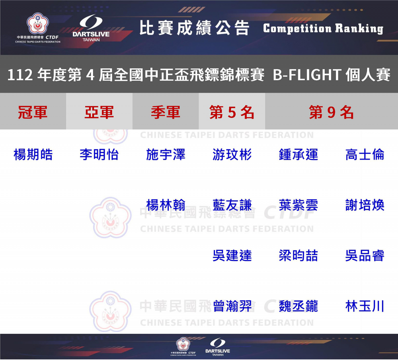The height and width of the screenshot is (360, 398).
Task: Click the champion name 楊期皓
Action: click(33, 154)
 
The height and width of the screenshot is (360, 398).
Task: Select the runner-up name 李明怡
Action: click(99, 154)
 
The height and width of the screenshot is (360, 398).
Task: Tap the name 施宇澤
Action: click(166, 154)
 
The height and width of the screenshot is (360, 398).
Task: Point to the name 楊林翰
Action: click(166, 205)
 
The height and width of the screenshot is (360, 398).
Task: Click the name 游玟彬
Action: click(232, 154)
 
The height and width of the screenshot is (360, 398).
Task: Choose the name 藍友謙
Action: click(232, 205)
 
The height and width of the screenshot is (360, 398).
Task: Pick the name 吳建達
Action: click(232, 255)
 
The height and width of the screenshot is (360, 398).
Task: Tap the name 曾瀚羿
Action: click(232, 306)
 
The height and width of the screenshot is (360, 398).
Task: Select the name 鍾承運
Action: click(298, 154)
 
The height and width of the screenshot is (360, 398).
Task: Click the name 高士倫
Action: click(365, 154)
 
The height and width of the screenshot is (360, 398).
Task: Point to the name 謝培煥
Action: click(365, 205)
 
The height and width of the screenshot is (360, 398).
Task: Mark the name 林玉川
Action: click(365, 306)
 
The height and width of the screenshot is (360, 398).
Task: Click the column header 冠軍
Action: click(33, 112)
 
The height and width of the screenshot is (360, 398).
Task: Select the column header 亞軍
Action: click(99, 112)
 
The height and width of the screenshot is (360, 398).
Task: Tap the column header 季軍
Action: click(166, 112)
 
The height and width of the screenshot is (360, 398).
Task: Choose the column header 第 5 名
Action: click(232, 112)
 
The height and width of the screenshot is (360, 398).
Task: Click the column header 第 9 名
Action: click(331, 112)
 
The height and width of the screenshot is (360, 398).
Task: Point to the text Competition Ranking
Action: click(323, 28)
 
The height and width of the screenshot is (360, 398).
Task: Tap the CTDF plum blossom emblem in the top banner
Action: click(37, 23)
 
